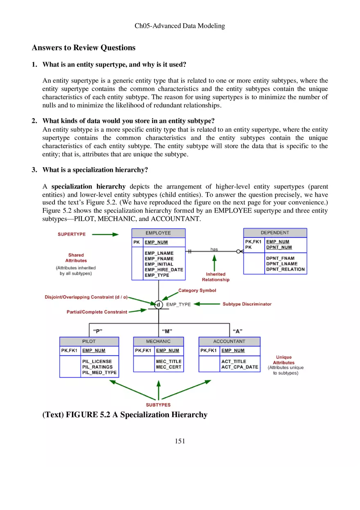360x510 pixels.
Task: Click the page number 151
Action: click(x=180, y=441)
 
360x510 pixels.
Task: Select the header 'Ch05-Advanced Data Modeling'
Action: click(x=180, y=26)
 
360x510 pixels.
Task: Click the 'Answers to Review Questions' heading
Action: click(x=83, y=48)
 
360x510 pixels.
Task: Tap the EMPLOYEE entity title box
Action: click(x=158, y=233)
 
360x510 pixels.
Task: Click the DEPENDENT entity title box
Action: click(x=275, y=233)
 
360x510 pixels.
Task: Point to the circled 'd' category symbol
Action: click(x=158, y=304)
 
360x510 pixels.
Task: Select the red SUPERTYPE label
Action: click(x=72, y=234)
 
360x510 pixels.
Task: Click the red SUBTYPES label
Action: click(x=158, y=405)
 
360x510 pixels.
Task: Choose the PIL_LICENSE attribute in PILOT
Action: click(x=97, y=362)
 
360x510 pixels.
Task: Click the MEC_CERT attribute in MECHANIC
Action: click(x=169, y=367)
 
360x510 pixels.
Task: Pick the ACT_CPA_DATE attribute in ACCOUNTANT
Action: click(x=240, y=367)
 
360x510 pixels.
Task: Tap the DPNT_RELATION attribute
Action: click(x=285, y=269)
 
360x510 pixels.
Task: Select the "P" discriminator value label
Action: click(x=98, y=331)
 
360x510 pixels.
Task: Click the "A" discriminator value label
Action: click(x=236, y=331)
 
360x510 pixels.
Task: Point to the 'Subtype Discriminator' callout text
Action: click(x=247, y=304)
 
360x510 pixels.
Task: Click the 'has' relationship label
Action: click(x=214, y=249)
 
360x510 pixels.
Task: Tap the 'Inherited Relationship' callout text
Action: click(x=216, y=277)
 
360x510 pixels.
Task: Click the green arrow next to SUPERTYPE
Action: click(x=105, y=234)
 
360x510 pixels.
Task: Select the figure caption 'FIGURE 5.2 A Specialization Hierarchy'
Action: click(x=125, y=415)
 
